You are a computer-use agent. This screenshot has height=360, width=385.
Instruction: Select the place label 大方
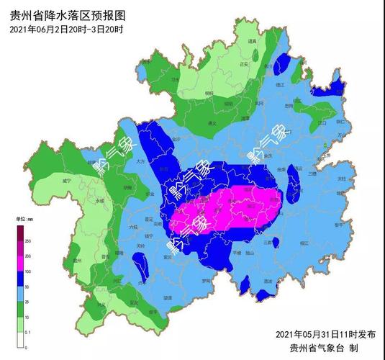click(x=141, y=163)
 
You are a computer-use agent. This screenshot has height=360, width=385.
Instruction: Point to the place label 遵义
click(x=212, y=123)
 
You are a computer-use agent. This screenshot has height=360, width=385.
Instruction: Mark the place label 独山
click(x=250, y=253)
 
